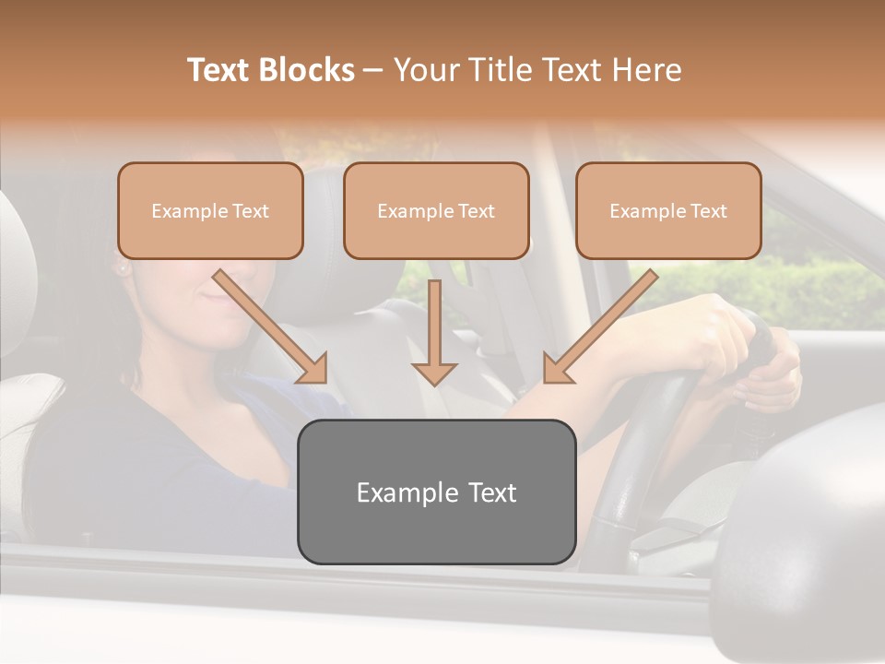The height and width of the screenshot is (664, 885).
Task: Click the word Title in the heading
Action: (x=496, y=70)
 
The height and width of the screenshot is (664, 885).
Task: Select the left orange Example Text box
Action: (x=210, y=210)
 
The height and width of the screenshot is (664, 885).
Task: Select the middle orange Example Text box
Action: (x=436, y=210)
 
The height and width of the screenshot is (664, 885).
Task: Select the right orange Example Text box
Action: (x=668, y=210)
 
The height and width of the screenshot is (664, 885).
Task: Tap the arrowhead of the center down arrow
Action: (x=434, y=373)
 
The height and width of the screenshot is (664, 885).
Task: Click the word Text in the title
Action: (x=222, y=70)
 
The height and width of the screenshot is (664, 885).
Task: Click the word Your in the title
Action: (x=425, y=70)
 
